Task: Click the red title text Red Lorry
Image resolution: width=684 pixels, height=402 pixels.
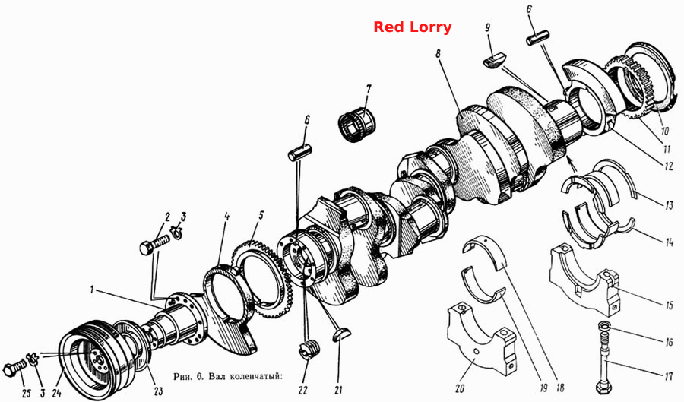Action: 412,27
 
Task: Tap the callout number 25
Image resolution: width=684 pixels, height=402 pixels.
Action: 26,394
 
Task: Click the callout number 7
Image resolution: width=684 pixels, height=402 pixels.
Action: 369,90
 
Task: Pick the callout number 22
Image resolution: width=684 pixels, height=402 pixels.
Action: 303,389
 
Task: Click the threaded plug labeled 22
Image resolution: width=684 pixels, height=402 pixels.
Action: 310,350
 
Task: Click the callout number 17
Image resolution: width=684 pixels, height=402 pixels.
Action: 668,376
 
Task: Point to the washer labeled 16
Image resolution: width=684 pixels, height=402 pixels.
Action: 604,326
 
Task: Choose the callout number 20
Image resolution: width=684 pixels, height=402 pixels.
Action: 459,388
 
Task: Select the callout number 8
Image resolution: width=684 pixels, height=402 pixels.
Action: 438,54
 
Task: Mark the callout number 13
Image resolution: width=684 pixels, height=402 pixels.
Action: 669,204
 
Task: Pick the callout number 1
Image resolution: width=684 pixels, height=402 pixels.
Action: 92,290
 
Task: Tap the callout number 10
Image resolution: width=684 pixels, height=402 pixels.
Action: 664,131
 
